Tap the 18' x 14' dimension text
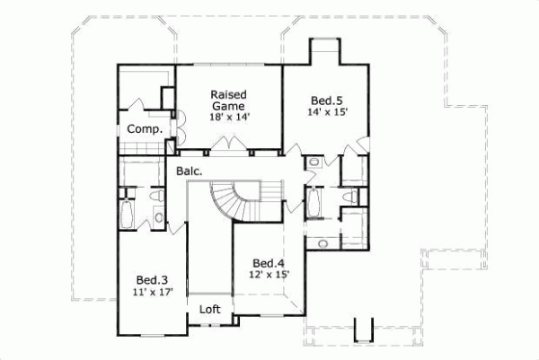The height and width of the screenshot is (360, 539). click(x=229, y=117)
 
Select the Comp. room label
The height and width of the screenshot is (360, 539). click(x=144, y=129)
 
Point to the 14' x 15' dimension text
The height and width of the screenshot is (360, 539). click(x=326, y=112)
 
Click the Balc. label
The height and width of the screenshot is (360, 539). click(x=189, y=169)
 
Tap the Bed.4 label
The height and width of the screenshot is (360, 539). click(x=269, y=263)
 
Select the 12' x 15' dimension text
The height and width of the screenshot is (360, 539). click(x=269, y=276)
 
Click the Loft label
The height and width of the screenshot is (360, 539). click(x=209, y=309)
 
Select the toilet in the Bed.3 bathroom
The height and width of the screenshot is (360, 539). click(x=157, y=194)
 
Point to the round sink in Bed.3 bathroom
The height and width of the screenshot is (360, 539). click(x=158, y=215)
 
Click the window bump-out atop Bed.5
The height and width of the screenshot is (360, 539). click(x=325, y=52)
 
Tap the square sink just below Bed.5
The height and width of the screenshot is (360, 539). click(x=314, y=163)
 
